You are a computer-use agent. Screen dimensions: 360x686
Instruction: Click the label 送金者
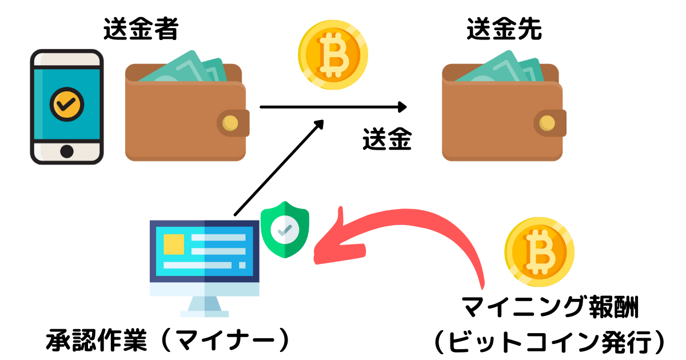coord(141,30)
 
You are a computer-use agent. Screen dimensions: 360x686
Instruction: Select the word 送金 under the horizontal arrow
coord(387,139)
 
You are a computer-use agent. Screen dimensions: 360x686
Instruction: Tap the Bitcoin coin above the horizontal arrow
coord(333,55)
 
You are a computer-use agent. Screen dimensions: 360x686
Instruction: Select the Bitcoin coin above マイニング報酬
coord(539,251)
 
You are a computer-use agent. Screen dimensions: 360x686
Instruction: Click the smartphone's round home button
coord(67,151)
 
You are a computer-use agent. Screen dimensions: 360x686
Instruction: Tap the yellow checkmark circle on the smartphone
coord(67,103)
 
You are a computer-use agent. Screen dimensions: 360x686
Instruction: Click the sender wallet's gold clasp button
coord(231,122)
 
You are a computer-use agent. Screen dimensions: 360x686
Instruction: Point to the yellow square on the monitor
coord(174,244)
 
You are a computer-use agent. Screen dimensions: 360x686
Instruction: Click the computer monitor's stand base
coord(205,313)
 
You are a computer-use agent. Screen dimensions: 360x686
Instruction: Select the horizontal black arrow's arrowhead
coord(402,107)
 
